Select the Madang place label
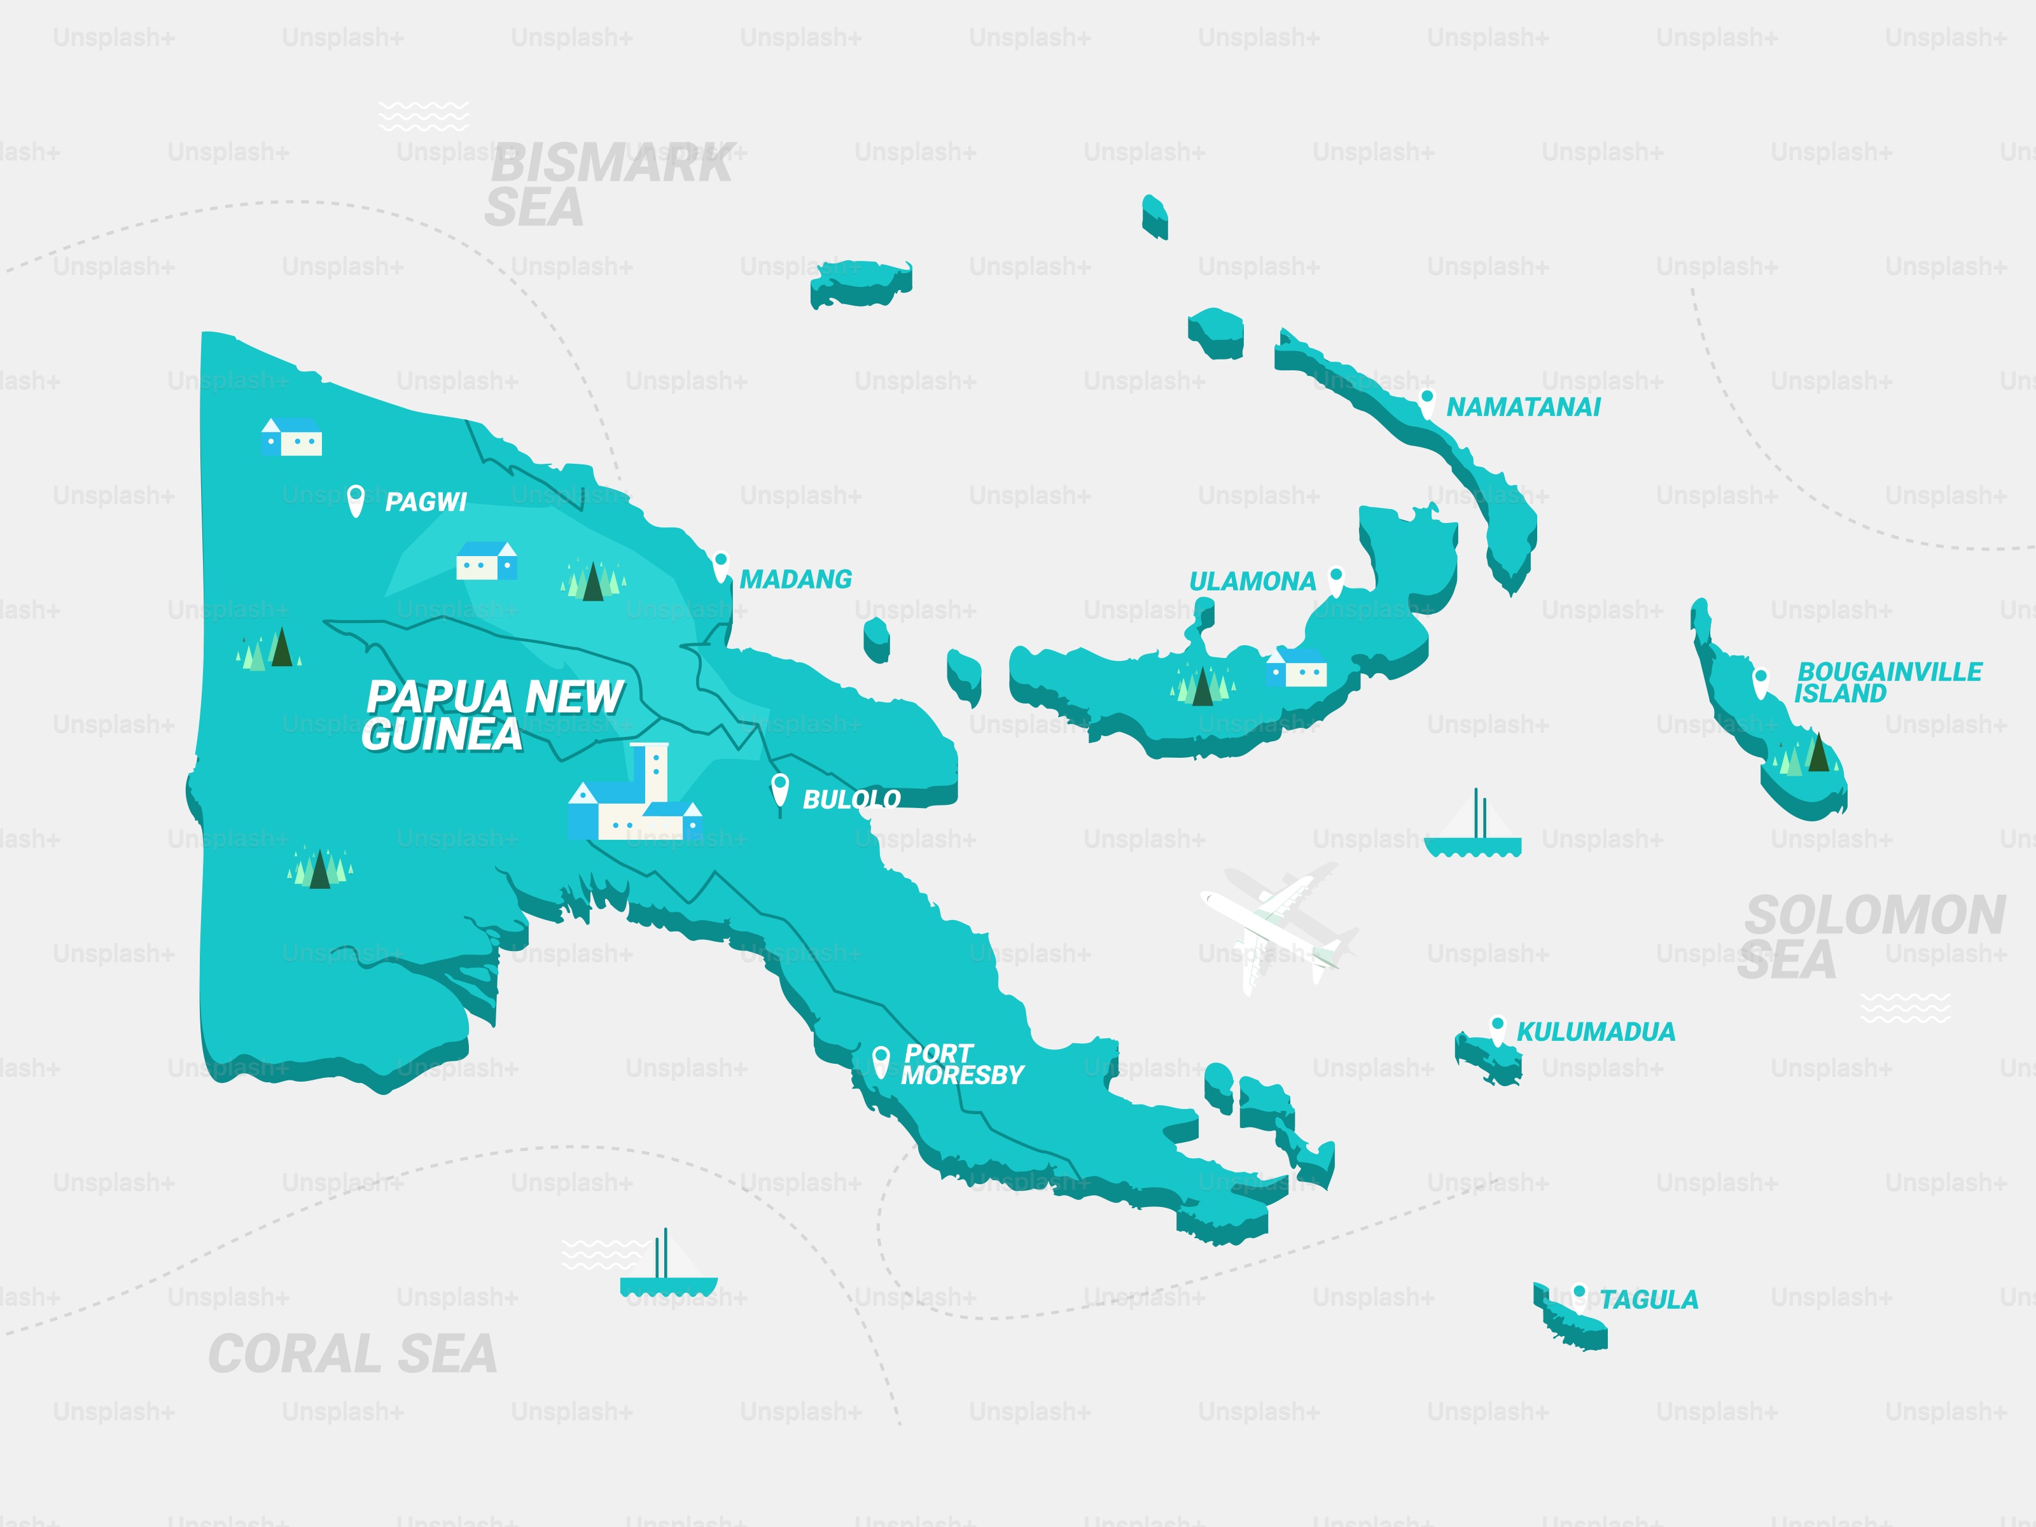(795, 579)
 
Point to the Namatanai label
(1523, 407)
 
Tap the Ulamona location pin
(1335, 579)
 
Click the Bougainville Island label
(1888, 682)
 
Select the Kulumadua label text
(1595, 1032)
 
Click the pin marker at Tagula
(1579, 1295)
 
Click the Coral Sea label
(352, 1354)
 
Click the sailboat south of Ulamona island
(1473, 828)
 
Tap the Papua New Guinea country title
(493, 715)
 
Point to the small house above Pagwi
(292, 437)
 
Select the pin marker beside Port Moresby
(881, 1061)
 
